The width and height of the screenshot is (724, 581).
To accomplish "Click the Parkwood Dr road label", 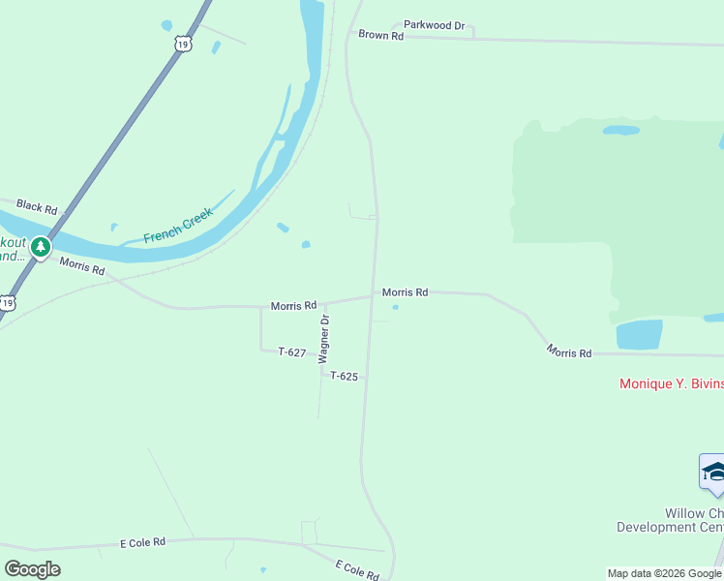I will pyautogui.click(x=435, y=25).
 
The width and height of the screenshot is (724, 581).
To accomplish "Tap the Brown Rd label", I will pyautogui.click(x=380, y=35).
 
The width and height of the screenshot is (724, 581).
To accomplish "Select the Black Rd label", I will pyautogui.click(x=37, y=208).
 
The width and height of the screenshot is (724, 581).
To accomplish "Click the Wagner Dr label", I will pyautogui.click(x=326, y=337).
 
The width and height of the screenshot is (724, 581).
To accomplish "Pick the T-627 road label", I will pyautogui.click(x=292, y=352).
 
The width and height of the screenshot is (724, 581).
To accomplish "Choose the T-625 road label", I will pyautogui.click(x=344, y=376).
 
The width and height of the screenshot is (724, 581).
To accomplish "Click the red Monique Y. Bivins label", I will pyautogui.click(x=671, y=383).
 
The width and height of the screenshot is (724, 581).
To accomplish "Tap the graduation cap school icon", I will pyautogui.click(x=713, y=472).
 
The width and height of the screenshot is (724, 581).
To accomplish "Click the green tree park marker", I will pyautogui.click(x=40, y=248).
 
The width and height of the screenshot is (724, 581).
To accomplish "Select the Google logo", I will pyautogui.click(x=32, y=569).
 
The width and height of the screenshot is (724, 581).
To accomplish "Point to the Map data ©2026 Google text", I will pyautogui.click(x=664, y=573).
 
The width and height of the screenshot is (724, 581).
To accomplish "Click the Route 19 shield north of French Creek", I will pyautogui.click(x=184, y=44).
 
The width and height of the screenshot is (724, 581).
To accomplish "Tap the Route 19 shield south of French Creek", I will pyautogui.click(x=8, y=303).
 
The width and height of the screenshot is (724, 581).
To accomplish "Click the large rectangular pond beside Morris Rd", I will pyautogui.click(x=639, y=334).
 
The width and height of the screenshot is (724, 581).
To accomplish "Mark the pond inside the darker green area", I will pyautogui.click(x=620, y=130).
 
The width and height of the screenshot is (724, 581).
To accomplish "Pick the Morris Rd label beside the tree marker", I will pyautogui.click(x=81, y=266).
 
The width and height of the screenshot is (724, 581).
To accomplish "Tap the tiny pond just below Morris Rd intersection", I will pyautogui.click(x=395, y=308).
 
